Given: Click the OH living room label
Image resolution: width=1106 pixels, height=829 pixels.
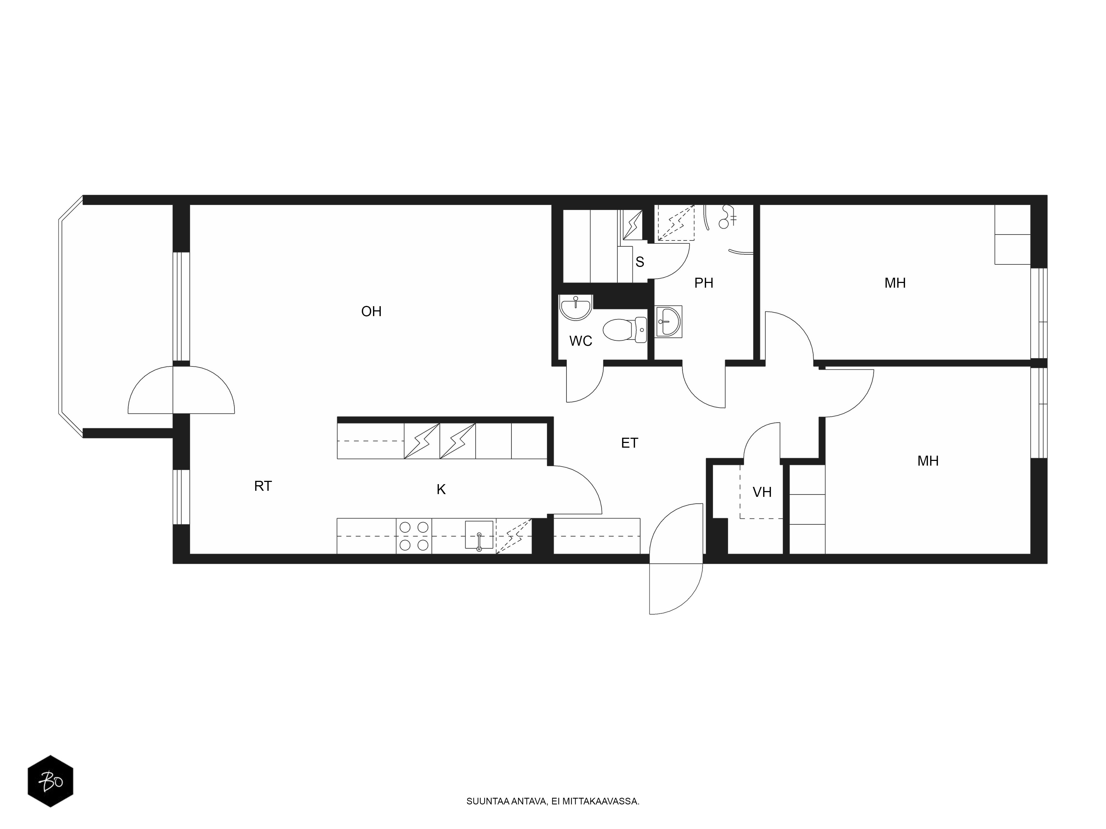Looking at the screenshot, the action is pos(371,312).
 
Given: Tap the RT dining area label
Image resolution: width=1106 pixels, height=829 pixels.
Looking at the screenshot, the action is pos(263,486).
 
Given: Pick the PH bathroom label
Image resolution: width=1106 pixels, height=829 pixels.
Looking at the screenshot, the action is pos(703,283).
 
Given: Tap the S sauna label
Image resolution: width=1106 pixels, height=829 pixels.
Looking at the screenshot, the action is pos(640,262).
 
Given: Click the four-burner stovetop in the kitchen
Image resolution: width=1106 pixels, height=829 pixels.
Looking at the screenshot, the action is pos(414,536).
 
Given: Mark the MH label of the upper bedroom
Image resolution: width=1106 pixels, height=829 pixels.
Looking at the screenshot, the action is pos(895,283).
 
